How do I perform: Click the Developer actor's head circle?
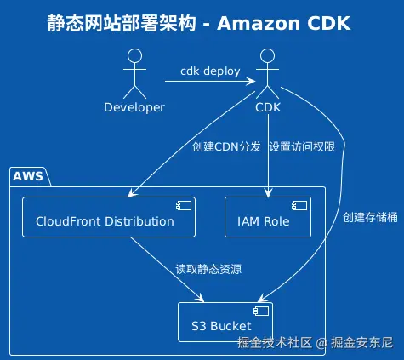[x=134, y=55]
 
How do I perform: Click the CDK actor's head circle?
[x=267, y=55]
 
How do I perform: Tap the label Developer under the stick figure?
[x=134, y=108]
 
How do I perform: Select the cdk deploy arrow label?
[x=210, y=71]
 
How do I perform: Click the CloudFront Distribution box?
[x=109, y=217]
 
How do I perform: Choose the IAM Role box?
[x=268, y=217]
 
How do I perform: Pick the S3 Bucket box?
[x=225, y=322]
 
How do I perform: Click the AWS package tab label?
[x=28, y=176]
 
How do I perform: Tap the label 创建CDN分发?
[x=226, y=147]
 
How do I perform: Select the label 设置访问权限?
[x=302, y=147]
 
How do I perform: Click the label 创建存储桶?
[x=370, y=217]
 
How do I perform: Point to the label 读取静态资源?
[x=208, y=269]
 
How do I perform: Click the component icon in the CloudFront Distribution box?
[x=184, y=206]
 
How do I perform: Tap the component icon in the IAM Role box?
[x=299, y=206]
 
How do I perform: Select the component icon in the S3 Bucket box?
[x=261, y=311]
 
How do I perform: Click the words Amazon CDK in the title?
[x=284, y=23]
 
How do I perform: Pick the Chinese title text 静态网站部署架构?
[x=122, y=23]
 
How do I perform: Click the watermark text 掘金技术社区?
[x=275, y=343]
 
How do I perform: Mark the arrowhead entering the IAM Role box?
[x=268, y=192]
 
